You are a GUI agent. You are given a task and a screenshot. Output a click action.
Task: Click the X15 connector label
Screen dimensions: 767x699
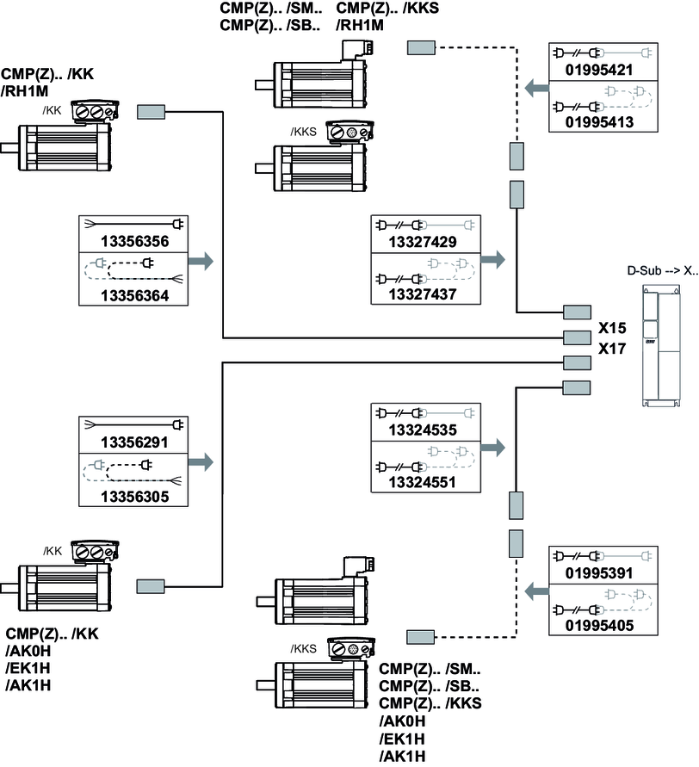pos(612,329)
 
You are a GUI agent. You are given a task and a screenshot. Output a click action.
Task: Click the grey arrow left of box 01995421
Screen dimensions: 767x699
pos(535,87)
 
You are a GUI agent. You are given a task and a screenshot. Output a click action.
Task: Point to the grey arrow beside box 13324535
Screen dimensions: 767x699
pos(493,448)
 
